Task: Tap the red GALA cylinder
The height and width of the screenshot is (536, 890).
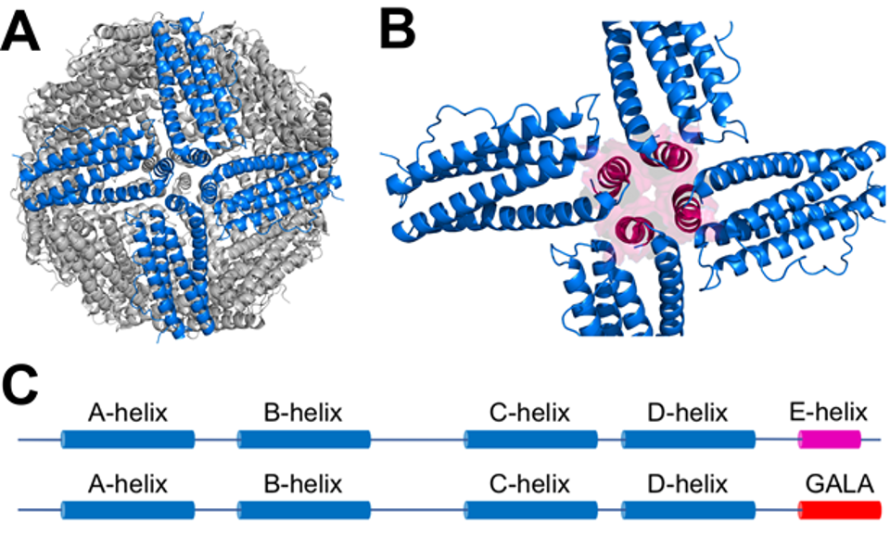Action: tap(839, 509)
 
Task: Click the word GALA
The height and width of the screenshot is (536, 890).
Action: tap(839, 483)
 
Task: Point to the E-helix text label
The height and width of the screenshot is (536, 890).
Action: tap(829, 412)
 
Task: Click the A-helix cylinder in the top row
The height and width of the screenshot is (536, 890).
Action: tap(128, 439)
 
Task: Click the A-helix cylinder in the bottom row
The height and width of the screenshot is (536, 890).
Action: tap(128, 509)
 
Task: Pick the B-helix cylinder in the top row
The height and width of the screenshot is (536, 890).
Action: tap(303, 439)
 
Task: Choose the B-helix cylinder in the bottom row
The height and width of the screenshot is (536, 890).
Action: tap(303, 509)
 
